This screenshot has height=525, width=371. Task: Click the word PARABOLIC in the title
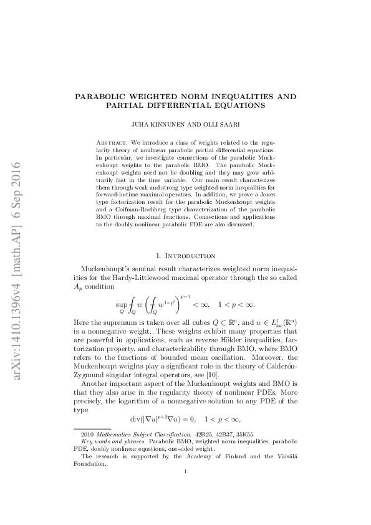click(102, 97)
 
